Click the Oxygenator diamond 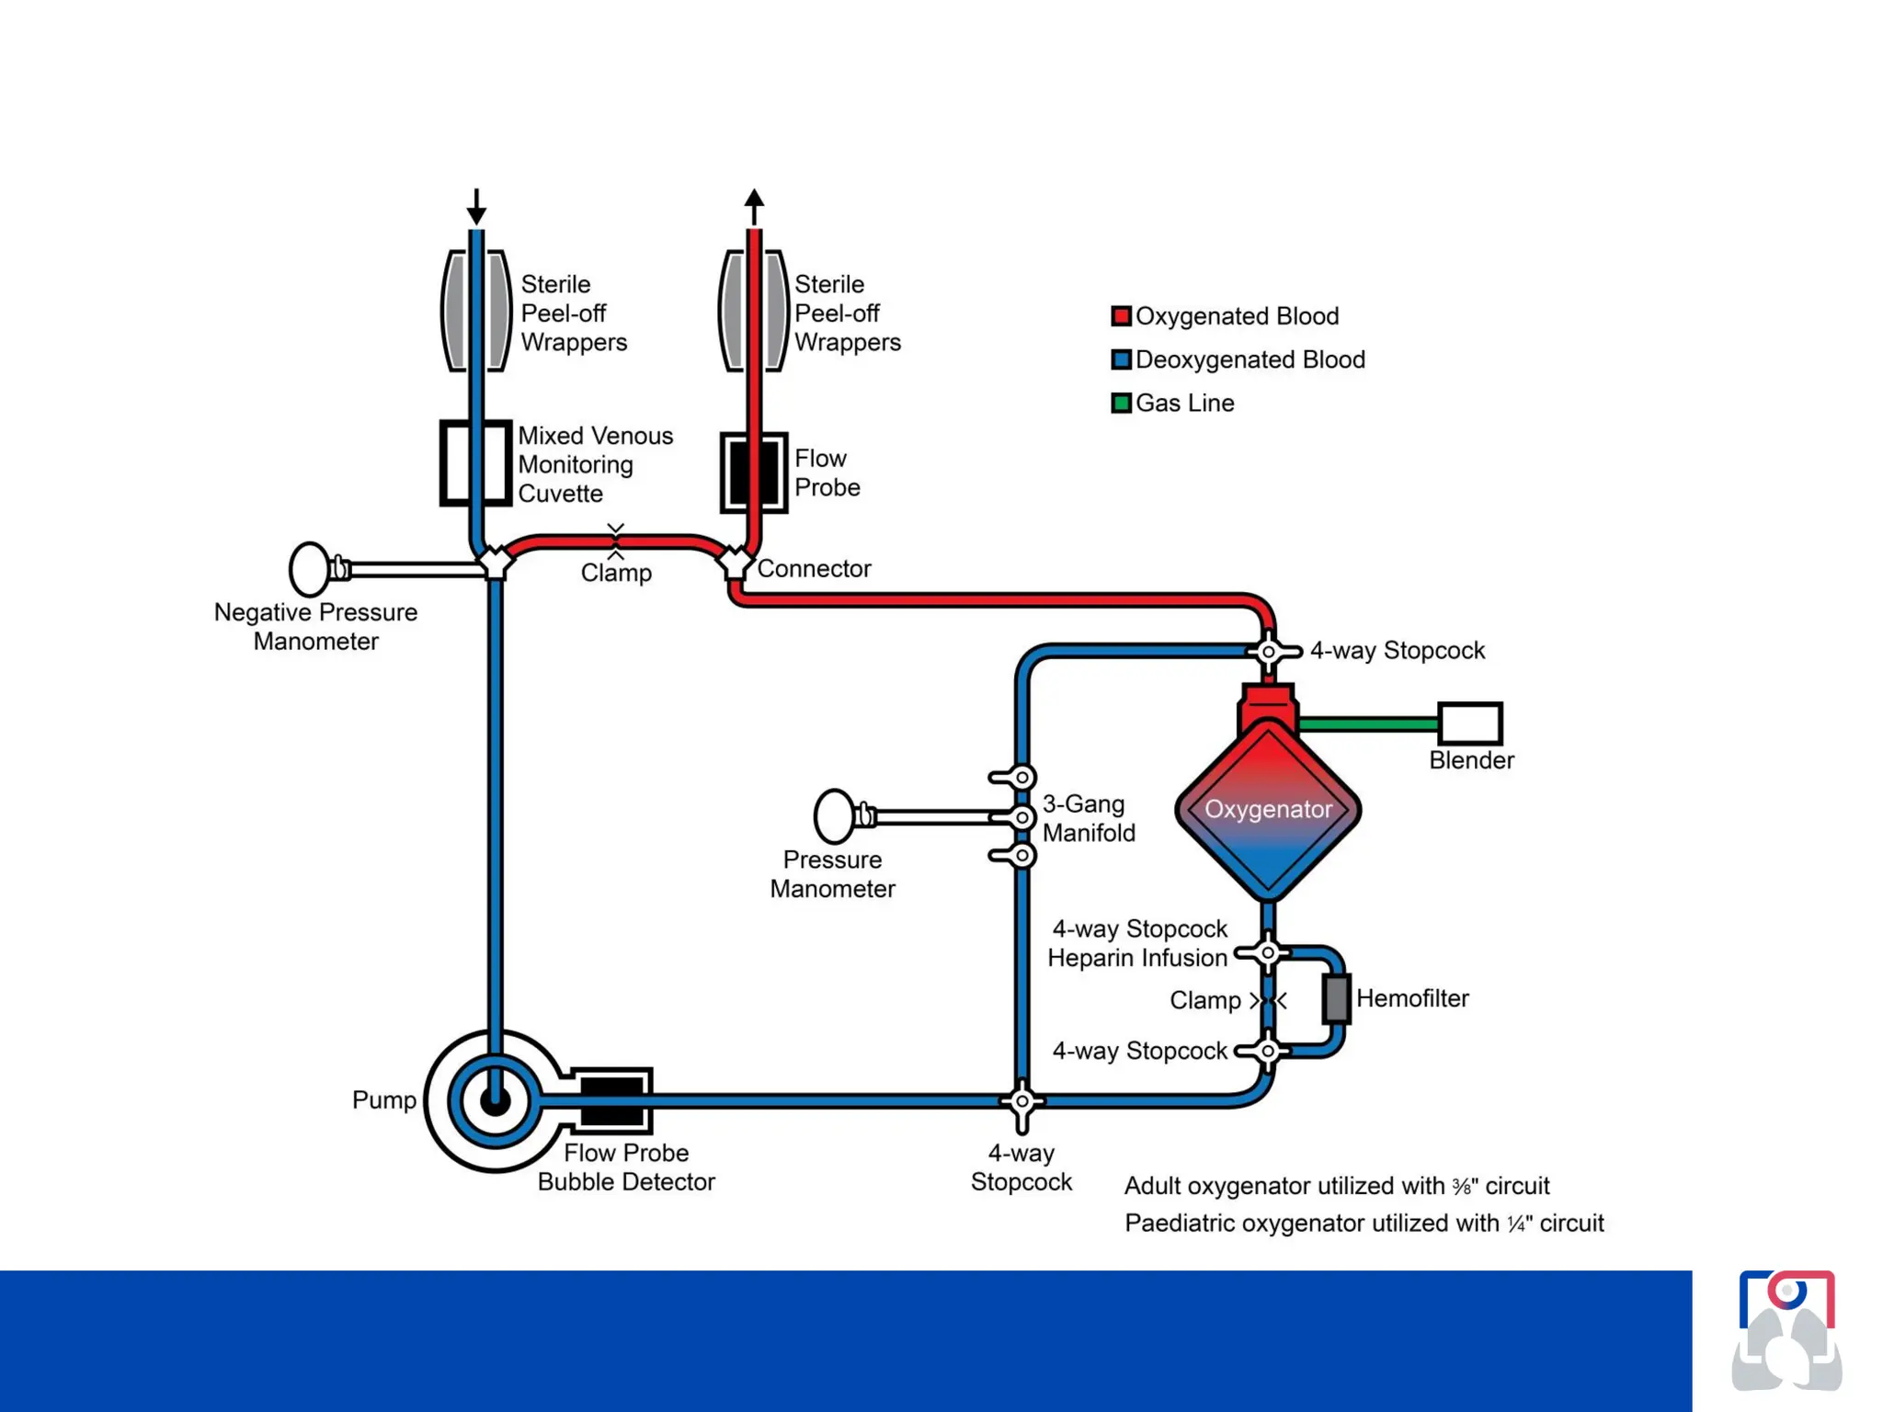[1267, 809]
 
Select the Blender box [1469, 723]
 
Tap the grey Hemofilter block [1336, 999]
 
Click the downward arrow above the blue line [475, 208]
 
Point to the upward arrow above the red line [754, 206]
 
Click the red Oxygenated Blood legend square [1120, 316]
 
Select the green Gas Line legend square [1120, 403]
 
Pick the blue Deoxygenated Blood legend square [1120, 359]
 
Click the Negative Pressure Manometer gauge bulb [310, 569]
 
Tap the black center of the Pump [495, 1100]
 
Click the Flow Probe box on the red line [753, 473]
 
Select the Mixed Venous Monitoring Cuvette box [475, 463]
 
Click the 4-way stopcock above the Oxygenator [1268, 652]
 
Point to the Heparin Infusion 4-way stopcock [1267, 953]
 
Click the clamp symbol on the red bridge [616, 541]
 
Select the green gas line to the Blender [1368, 724]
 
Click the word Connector [814, 569]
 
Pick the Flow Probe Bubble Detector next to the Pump [611, 1100]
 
